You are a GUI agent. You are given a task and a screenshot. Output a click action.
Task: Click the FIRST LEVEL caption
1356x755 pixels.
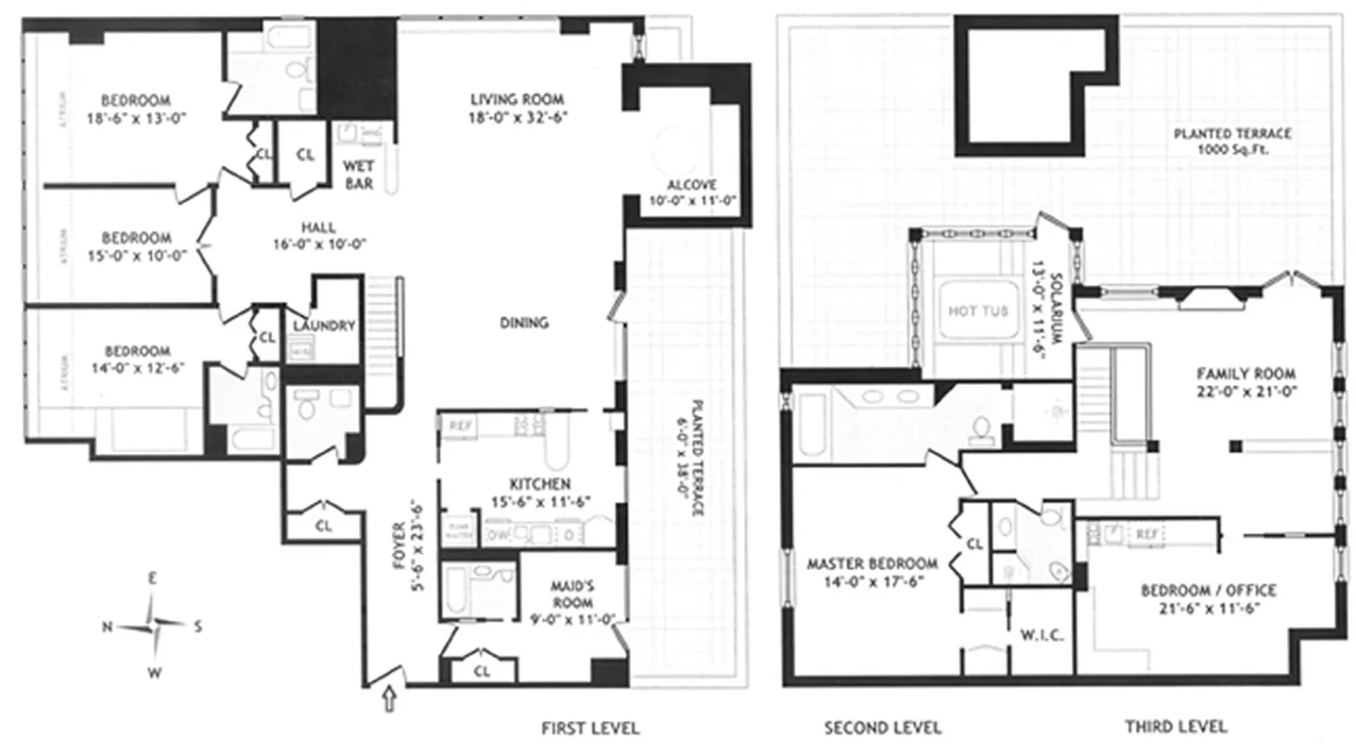pyautogui.click(x=590, y=728)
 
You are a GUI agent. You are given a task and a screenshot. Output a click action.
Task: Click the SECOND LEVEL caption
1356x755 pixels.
pyautogui.click(x=882, y=728)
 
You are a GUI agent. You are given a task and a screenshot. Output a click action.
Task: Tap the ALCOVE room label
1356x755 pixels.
pyautogui.click(x=691, y=185)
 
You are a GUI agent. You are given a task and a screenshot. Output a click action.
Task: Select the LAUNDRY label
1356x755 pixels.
pyautogui.click(x=324, y=327)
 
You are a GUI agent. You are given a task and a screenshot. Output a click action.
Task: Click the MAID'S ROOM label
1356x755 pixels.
pyautogui.click(x=573, y=596)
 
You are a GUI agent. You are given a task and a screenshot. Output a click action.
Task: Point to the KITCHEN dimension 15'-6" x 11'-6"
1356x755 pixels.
pyautogui.click(x=539, y=502)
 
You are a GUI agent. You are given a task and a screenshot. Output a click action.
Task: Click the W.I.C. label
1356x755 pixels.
pyautogui.click(x=1042, y=635)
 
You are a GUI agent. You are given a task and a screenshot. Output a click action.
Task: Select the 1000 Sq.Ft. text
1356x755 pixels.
pyautogui.click(x=1231, y=150)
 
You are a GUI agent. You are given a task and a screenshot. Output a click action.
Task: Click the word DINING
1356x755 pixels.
pyautogui.click(x=524, y=323)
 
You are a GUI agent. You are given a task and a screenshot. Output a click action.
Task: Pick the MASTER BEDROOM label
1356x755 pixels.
pyautogui.click(x=872, y=564)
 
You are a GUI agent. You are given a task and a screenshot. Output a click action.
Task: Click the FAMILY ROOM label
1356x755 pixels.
pyautogui.click(x=1246, y=373)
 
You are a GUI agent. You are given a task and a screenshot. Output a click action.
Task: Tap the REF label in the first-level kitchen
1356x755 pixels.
pyautogui.click(x=461, y=426)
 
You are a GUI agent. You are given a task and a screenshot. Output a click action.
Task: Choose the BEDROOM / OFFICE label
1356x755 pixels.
pyautogui.click(x=1208, y=591)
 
